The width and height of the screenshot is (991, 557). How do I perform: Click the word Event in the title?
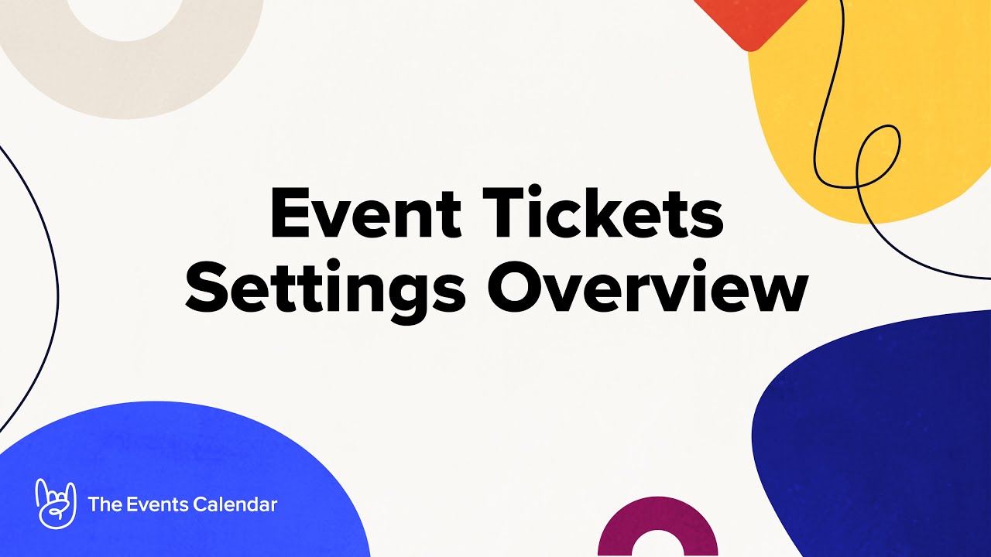(x=366, y=212)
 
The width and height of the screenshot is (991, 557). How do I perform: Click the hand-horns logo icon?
(x=56, y=503)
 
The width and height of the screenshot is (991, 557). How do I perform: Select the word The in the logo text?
(x=105, y=504)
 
